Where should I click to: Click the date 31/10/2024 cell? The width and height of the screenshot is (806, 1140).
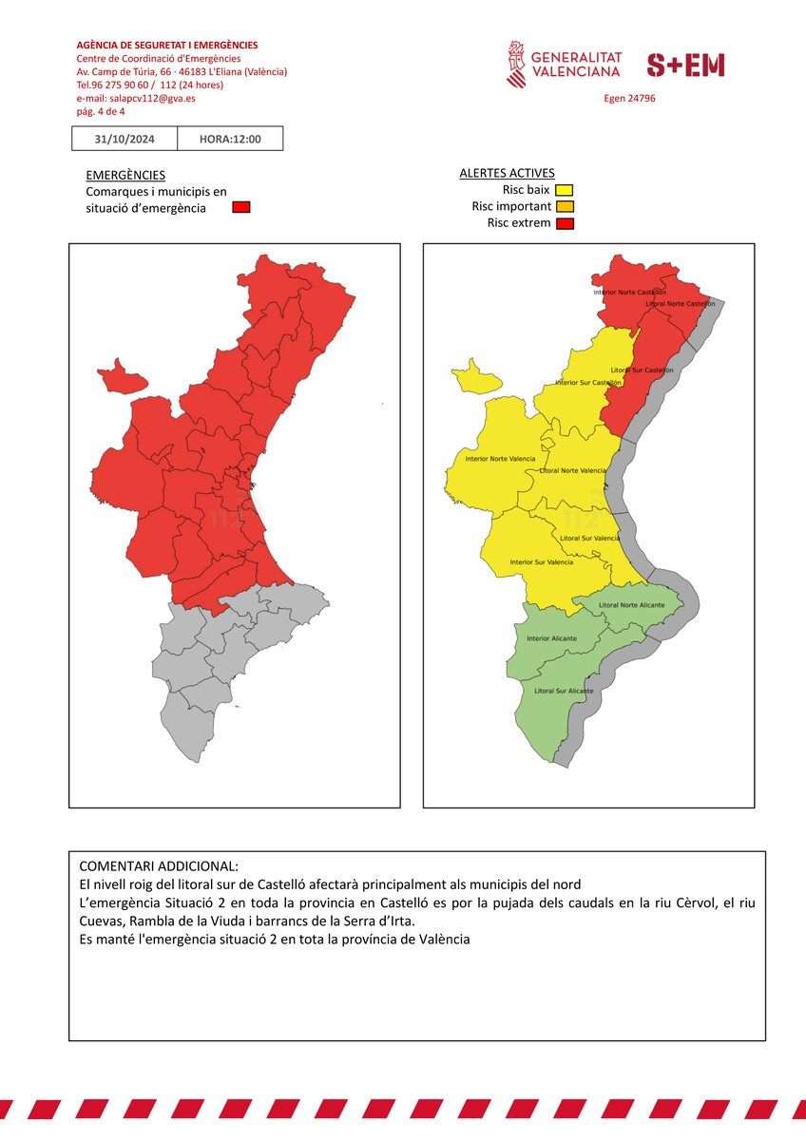tap(125, 140)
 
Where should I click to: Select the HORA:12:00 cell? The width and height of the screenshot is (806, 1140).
tap(230, 140)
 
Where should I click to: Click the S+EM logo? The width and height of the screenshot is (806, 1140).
tap(685, 65)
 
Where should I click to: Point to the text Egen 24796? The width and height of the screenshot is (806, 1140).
tap(629, 98)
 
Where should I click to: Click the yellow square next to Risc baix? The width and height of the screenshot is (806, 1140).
tap(565, 190)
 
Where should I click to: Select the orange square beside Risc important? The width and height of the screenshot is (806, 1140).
tap(565, 206)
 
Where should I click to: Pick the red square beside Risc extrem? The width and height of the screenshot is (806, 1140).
tap(565, 223)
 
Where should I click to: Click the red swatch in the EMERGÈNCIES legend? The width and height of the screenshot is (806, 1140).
tap(241, 207)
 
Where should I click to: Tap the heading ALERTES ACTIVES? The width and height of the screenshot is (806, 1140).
tap(507, 173)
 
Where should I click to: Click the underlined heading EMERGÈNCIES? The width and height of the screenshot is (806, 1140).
tap(125, 175)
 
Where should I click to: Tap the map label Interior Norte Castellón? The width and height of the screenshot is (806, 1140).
tap(629, 292)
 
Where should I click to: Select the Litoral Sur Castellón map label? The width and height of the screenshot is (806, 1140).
tap(642, 370)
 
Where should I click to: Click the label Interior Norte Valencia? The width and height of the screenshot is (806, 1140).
tap(500, 459)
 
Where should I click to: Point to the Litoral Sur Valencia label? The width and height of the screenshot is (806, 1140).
tap(590, 539)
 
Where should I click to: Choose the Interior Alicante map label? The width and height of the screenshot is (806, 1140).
tap(551, 638)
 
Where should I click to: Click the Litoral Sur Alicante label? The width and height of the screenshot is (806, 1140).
tap(565, 691)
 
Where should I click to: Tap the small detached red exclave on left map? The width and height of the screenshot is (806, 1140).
tap(122, 379)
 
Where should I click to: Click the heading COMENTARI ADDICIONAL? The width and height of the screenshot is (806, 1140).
tap(159, 866)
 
